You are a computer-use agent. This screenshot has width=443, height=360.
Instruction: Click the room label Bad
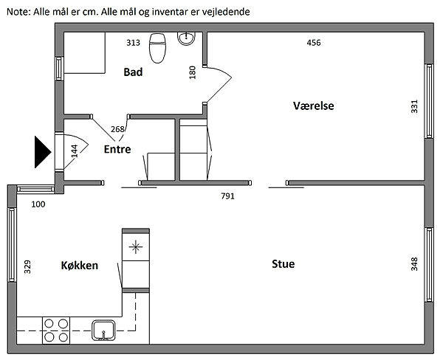pyautogui.click(x=133, y=72)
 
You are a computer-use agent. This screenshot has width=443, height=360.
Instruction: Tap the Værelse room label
pyautogui.click(x=314, y=106)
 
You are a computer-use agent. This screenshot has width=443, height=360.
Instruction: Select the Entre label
pyautogui.click(x=117, y=149)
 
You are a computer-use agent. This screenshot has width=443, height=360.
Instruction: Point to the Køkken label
pyautogui.click(x=80, y=265)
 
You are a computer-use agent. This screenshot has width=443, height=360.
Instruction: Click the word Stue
pyautogui.click(x=283, y=263)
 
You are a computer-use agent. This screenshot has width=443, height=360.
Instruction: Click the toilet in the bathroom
pyautogui.click(x=157, y=49)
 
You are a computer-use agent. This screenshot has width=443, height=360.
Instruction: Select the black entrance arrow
pyautogui.click(x=41, y=152)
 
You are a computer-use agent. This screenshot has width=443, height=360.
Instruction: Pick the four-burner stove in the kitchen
pyautogui.click(x=56, y=329)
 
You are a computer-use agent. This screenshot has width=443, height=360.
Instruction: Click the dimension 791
pyautogui.click(x=228, y=196)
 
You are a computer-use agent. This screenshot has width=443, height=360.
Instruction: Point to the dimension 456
pyautogui.click(x=314, y=43)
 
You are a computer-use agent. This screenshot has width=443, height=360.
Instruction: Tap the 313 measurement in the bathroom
pyautogui.click(x=133, y=43)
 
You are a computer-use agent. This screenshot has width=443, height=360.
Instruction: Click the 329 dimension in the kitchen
pyautogui.click(x=28, y=267)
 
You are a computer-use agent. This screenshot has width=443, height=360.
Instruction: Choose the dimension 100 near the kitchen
pyautogui.click(x=37, y=204)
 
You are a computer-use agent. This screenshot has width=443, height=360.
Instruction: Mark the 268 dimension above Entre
pyautogui.click(x=117, y=130)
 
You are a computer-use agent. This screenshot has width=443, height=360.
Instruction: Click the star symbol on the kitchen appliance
pyautogui.click(x=135, y=246)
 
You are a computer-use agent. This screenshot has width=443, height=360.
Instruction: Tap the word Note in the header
pyautogui.click(x=16, y=13)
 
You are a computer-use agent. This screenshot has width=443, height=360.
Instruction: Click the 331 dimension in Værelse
pyautogui.click(x=413, y=106)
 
